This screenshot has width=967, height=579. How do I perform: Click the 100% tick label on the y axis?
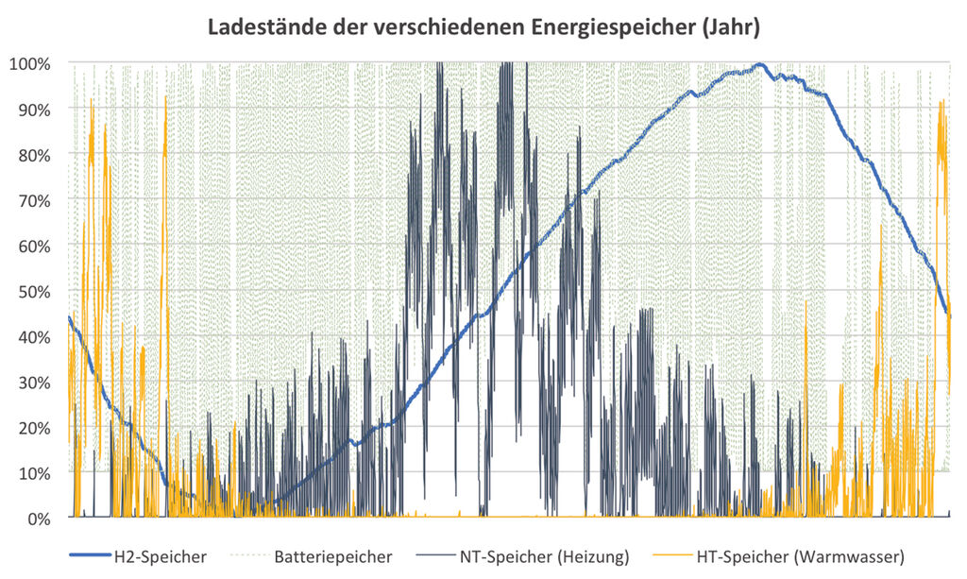(x=31, y=63)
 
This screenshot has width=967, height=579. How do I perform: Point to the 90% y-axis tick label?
(x=34, y=109)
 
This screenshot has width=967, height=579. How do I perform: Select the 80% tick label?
(x=34, y=154)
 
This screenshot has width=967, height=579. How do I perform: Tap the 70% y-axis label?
(x=34, y=200)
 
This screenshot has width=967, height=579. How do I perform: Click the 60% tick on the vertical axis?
(x=34, y=246)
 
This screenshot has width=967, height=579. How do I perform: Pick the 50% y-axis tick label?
(x=34, y=291)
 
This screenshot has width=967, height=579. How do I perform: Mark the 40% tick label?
(x=34, y=336)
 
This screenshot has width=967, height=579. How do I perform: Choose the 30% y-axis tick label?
(x=34, y=383)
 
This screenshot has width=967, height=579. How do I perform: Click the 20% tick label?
(x=34, y=428)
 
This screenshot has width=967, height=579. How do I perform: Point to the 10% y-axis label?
(x=34, y=473)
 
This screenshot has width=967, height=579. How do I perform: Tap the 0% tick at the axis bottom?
(x=38, y=519)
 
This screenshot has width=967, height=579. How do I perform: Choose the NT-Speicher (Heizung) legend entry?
(x=548, y=557)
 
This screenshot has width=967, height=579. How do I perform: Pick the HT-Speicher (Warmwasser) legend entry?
(x=800, y=557)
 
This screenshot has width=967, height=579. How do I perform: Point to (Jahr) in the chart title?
(x=728, y=27)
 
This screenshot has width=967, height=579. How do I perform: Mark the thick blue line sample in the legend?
(x=90, y=557)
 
